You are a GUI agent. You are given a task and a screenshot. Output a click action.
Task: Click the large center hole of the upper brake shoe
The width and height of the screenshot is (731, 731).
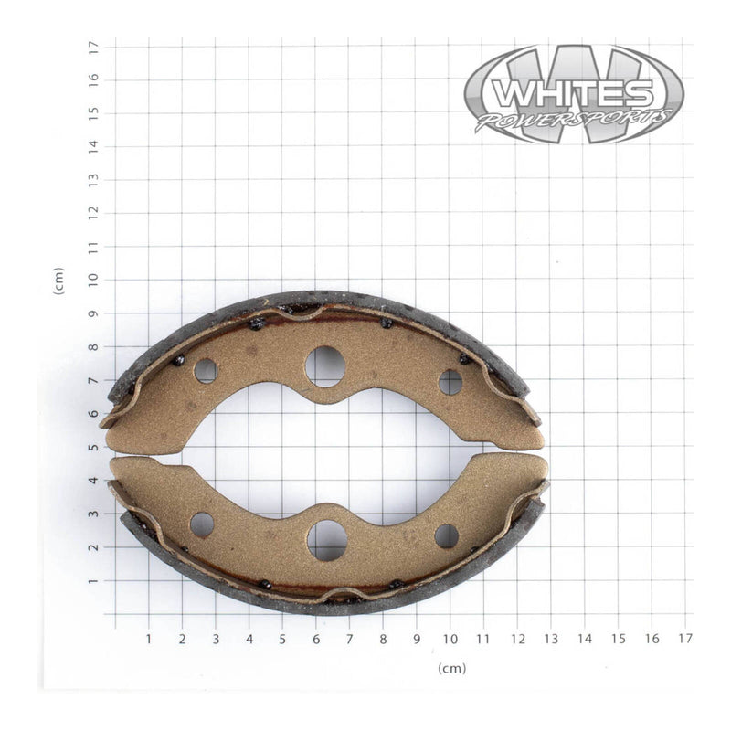325,365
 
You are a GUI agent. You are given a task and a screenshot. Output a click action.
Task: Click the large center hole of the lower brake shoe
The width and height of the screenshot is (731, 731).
326,540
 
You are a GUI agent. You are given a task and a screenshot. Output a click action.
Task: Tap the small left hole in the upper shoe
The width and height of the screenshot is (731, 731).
206,371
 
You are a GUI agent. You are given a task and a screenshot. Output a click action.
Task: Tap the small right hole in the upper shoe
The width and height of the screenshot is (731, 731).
450,382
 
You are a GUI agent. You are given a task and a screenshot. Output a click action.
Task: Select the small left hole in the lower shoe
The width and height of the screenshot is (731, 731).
202,524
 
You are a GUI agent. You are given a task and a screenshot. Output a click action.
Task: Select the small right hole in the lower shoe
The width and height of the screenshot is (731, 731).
447,536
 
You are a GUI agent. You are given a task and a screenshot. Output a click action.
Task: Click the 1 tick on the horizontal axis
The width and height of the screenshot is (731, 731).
149,638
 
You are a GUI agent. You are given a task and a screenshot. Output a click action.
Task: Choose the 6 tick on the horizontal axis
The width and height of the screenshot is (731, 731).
316,638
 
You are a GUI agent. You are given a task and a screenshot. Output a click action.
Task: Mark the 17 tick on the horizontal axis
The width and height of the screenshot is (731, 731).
685,638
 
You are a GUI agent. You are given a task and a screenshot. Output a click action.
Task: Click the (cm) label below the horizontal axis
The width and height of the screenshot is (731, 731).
451,668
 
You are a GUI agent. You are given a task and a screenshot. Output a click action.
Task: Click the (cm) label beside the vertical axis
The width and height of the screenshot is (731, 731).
59,281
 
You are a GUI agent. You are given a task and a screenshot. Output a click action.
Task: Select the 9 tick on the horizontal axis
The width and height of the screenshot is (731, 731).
417,638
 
